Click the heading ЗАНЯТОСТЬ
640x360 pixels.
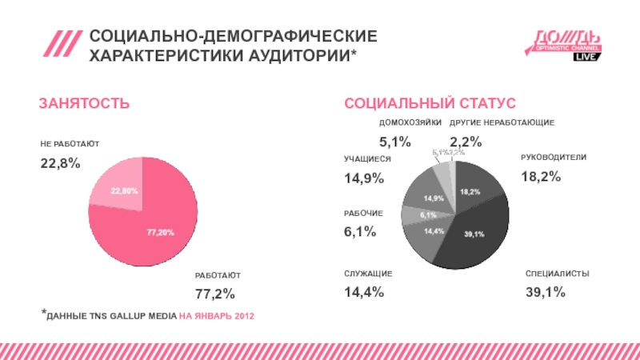[x=85, y=104]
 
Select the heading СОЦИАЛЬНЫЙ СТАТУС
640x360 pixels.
[x=430, y=104]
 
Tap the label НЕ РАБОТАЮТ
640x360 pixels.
[x=70, y=143]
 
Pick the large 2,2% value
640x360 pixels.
[x=466, y=142]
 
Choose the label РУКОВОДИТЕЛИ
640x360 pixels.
[x=554, y=158]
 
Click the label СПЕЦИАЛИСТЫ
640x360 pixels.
[x=558, y=274]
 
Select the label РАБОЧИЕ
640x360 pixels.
[x=364, y=213]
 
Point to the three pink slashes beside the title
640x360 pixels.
[x=62, y=45]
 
